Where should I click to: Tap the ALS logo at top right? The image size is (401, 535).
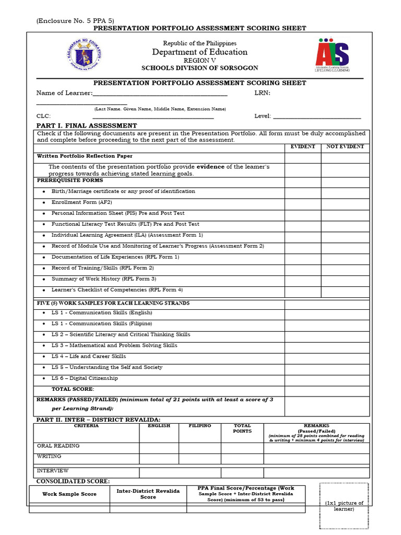(332, 54)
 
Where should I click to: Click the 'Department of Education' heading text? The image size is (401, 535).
(199, 52)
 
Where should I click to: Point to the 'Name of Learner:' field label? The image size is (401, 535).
(64, 93)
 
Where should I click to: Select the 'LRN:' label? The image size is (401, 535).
(262, 93)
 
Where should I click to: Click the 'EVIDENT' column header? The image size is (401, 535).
(302, 147)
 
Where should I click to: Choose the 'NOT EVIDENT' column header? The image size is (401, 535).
(345, 147)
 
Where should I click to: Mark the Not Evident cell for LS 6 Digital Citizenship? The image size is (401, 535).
(345, 379)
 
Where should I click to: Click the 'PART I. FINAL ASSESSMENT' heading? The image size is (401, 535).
(86, 126)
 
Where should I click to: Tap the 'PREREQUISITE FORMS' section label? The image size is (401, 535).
(70, 180)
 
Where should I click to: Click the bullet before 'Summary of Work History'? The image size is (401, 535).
(44, 280)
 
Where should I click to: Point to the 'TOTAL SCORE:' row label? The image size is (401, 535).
(73, 389)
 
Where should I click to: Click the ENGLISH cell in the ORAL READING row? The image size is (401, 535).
(159, 448)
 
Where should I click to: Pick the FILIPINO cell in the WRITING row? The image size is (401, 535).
(199, 458)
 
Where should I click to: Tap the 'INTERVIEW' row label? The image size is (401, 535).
(52, 471)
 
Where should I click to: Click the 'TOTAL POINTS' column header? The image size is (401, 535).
(242, 428)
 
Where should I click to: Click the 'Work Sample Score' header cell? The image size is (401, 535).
(69, 494)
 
